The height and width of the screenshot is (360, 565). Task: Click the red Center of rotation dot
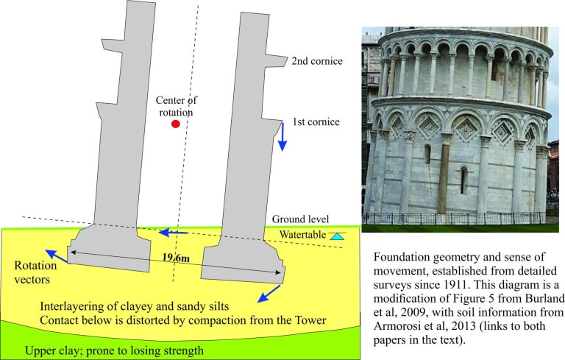(176, 124)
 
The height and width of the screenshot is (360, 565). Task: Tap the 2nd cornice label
(317, 61)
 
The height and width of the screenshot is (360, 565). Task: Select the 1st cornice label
(316, 122)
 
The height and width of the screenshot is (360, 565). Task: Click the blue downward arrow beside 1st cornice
(282, 137)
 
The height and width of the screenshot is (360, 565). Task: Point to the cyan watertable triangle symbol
(337, 236)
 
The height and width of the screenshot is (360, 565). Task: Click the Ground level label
(300, 219)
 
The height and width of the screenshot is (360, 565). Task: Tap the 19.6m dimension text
(176, 257)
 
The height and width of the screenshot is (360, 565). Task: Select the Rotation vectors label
(35, 272)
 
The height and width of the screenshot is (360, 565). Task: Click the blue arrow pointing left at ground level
(174, 233)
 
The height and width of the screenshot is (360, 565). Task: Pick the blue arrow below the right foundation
(269, 294)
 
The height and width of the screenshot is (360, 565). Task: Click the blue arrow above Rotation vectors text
(57, 256)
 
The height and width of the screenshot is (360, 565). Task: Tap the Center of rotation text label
(177, 106)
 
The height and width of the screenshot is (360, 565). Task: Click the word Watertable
(302, 235)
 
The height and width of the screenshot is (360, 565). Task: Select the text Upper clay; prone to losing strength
(114, 350)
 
